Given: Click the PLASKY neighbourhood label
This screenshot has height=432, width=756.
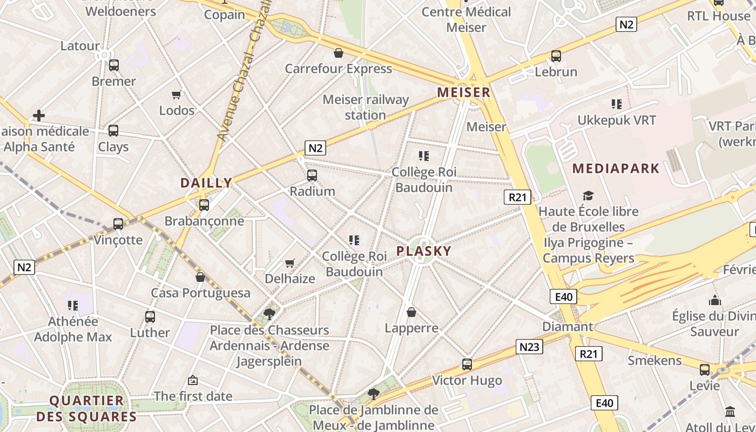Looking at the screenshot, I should pyautogui.click(x=424, y=251).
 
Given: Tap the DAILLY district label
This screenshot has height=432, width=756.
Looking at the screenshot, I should pyautogui.click(x=206, y=183).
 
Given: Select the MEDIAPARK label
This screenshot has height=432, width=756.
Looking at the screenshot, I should pyautogui.click(x=616, y=168).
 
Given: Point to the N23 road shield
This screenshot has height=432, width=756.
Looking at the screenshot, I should pyautogui.click(x=529, y=347).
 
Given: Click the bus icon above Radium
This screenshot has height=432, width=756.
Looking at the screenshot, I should pyautogui.click(x=312, y=175).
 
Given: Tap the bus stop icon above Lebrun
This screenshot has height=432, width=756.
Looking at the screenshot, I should pyautogui.click(x=556, y=56).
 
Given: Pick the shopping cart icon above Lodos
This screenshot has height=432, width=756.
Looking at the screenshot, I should pyautogui.click(x=177, y=95).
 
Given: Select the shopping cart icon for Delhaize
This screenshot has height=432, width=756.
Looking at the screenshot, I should pyautogui.click(x=290, y=263).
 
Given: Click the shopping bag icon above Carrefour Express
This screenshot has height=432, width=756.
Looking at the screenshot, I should pyautogui.click(x=339, y=53).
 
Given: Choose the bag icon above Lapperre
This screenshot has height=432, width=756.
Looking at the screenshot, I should pyautogui.click(x=411, y=312).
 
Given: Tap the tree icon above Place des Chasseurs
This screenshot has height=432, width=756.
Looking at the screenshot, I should pyautogui.click(x=269, y=313).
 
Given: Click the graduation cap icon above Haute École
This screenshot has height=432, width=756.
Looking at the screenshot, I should pyautogui.click(x=588, y=195).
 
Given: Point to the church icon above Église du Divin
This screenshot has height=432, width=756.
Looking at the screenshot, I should pyautogui.click(x=715, y=300).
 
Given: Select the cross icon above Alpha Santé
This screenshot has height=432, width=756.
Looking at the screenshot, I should pyautogui.click(x=38, y=115).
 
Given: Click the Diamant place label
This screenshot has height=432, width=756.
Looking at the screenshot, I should pyautogui.click(x=568, y=327).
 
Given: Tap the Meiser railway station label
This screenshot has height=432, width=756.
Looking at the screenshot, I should pyautogui.click(x=366, y=107).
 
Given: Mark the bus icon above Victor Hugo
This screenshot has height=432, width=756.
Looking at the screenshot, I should pyautogui.click(x=467, y=364).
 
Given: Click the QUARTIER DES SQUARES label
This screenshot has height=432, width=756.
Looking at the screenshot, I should pyautogui.click(x=86, y=409).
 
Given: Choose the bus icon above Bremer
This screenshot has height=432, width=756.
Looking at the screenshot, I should pyautogui.click(x=113, y=65).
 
